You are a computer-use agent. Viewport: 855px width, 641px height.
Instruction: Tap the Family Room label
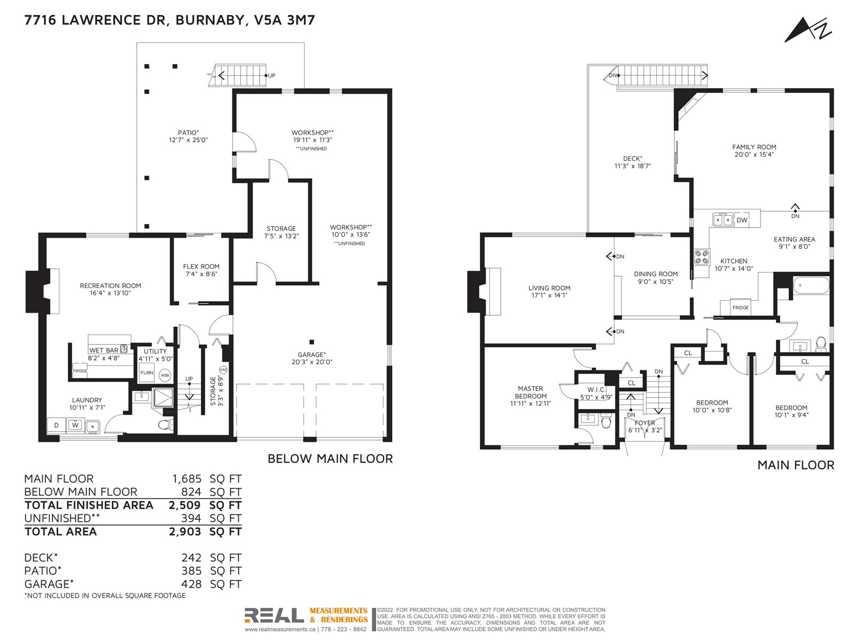click(x=753, y=147)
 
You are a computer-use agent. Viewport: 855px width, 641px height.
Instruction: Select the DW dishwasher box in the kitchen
click(x=742, y=220)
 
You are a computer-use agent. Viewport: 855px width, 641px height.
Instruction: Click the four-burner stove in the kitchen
click(x=702, y=257)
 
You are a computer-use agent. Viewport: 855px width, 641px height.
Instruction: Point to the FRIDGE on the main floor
click(x=740, y=308)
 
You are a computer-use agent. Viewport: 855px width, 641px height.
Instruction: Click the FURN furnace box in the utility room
click(x=146, y=372)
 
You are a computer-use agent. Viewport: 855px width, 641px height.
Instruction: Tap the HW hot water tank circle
click(x=165, y=375)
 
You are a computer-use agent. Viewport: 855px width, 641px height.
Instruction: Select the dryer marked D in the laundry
click(x=57, y=425)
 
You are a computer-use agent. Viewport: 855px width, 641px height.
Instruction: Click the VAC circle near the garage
click(x=223, y=369)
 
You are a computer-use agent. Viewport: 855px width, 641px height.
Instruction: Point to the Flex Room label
click(x=201, y=267)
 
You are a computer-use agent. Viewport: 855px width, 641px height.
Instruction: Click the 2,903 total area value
click(x=185, y=531)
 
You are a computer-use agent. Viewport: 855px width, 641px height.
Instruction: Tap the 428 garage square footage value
click(x=191, y=584)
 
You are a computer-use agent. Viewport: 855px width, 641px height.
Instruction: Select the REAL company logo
click(x=274, y=616)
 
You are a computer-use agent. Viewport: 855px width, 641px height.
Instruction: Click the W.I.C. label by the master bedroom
click(x=596, y=389)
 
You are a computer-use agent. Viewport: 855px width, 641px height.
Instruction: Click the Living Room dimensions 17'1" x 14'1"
click(x=549, y=295)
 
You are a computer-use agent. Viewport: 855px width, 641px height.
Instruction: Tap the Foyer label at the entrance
click(x=644, y=423)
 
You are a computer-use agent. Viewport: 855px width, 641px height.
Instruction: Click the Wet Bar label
click(x=103, y=350)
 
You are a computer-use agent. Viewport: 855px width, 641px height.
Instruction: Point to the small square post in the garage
click(x=312, y=342)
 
